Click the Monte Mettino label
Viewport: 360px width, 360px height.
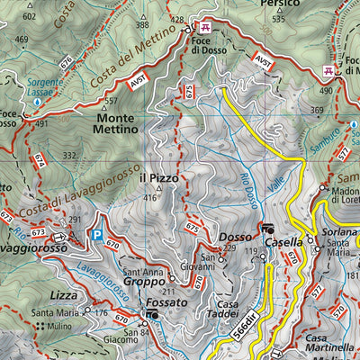[x=115, y=123]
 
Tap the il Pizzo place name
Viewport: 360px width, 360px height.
[x=158, y=178]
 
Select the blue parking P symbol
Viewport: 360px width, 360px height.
[x=96, y=236]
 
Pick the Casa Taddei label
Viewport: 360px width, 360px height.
[x=227, y=310]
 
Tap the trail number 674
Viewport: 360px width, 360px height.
[x=39, y=160]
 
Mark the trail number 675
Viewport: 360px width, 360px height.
[x=192, y=229]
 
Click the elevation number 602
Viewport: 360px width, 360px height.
[x=29, y=16]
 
